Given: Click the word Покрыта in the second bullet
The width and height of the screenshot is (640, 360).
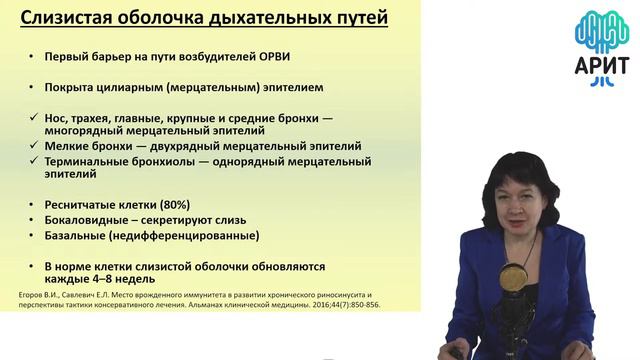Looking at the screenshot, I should point(73,86).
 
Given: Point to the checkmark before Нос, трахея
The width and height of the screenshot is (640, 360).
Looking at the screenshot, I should point(34,115).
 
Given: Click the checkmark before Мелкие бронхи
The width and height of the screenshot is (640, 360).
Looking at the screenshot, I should point(34,145).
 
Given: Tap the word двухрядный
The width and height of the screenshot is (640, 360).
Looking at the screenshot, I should point(172,145).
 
